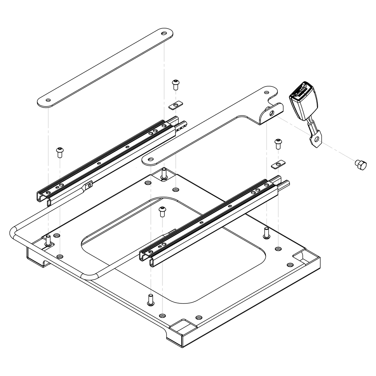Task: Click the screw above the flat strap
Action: [x=175, y=84]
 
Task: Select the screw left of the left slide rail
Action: [x=60, y=152]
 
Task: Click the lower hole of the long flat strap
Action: [x=48, y=100]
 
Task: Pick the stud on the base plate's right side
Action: [x=266, y=233]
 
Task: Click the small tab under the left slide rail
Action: [x=89, y=185]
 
